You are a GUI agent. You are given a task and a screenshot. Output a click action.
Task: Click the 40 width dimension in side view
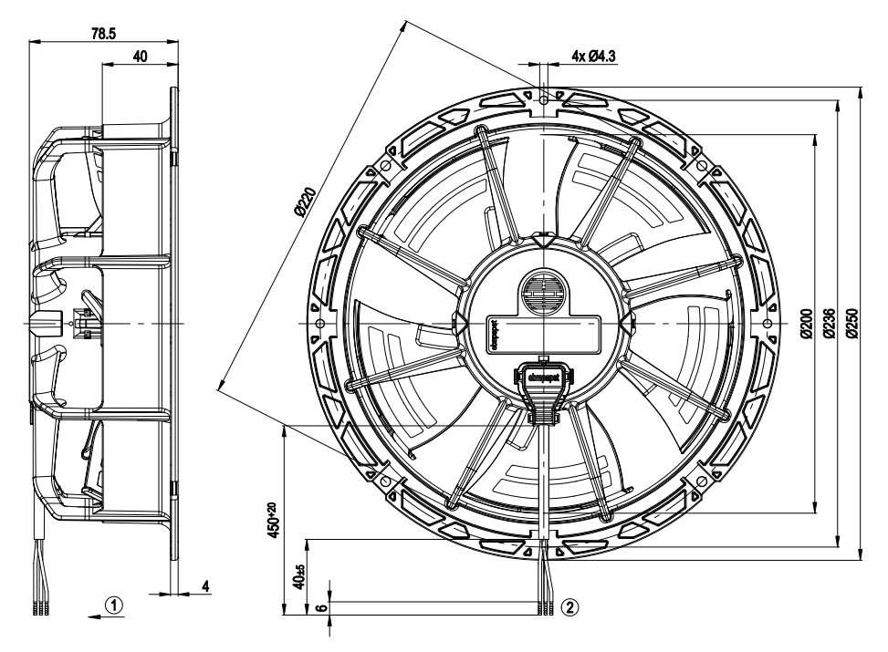click(x=140, y=57)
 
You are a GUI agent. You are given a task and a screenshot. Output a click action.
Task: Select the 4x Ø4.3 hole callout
click(x=594, y=56)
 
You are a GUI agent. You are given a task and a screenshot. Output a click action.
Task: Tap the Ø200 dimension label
click(x=806, y=324)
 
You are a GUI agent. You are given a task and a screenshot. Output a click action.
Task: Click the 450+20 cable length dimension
click(x=270, y=519)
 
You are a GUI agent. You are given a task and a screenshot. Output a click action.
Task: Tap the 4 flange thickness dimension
click(x=205, y=585)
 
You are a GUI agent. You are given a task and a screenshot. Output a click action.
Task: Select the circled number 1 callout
click(x=113, y=604)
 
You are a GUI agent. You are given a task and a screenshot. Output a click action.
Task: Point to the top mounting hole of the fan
click(x=543, y=96)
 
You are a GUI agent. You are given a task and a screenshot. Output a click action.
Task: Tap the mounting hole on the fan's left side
click(x=318, y=324)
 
